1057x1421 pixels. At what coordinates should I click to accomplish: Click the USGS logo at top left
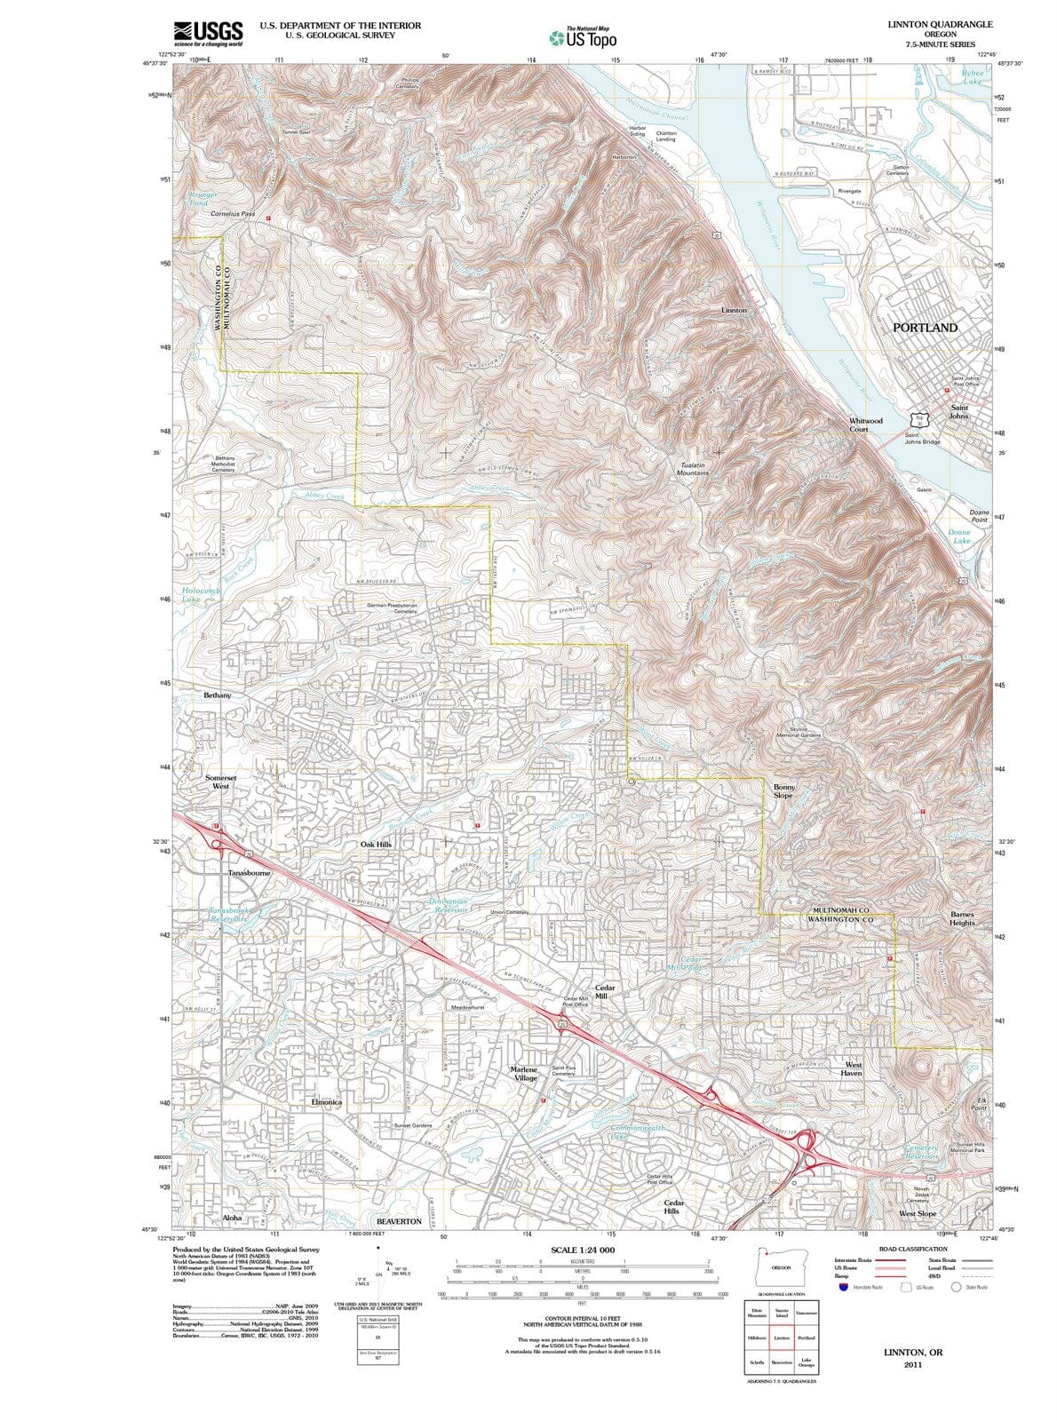click(208, 32)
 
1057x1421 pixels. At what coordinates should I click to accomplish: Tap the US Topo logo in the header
click(582, 39)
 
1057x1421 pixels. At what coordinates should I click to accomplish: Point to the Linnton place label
click(734, 310)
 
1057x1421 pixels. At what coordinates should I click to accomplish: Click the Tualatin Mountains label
click(694, 469)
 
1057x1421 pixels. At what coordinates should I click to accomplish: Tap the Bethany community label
click(218, 695)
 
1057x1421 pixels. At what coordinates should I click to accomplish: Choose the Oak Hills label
click(376, 844)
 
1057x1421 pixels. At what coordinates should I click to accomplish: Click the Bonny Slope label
click(783, 790)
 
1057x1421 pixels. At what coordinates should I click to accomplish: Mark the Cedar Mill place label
click(605, 992)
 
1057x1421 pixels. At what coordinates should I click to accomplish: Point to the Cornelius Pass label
click(233, 214)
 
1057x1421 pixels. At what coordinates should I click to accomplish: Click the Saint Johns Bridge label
click(922, 438)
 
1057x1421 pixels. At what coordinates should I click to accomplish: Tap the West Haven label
click(853, 1068)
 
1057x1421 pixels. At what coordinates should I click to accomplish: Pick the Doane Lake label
click(959, 536)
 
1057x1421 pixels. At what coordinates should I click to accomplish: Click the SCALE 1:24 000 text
click(582, 1250)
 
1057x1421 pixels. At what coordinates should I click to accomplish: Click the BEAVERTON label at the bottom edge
click(399, 1221)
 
